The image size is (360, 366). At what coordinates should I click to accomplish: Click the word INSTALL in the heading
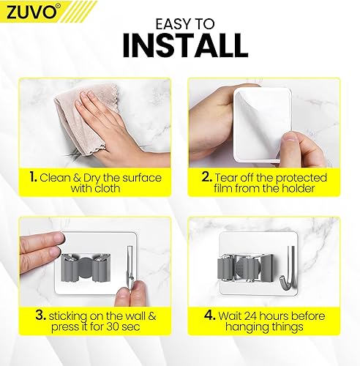[x=185, y=46]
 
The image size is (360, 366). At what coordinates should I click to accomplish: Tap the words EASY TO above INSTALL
[x=185, y=24]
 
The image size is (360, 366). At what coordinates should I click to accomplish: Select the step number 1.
[x=33, y=176]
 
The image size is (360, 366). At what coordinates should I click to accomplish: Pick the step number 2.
[x=207, y=176]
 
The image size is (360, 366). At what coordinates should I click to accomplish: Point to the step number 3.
[x=41, y=315]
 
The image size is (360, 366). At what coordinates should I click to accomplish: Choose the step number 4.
[x=210, y=315]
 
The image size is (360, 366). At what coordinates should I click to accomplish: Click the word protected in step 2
[x=301, y=178]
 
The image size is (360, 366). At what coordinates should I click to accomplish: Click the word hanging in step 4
[x=244, y=327]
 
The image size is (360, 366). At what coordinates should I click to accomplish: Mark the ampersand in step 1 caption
[x=77, y=178]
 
